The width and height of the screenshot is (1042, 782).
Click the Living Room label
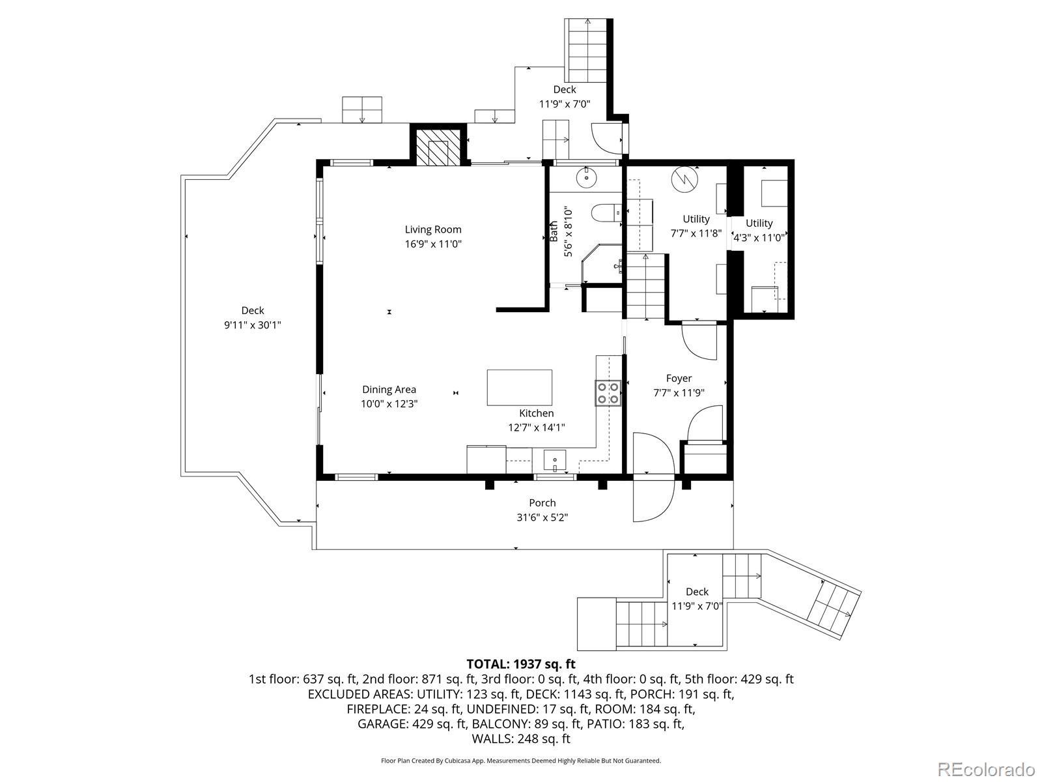[433, 229]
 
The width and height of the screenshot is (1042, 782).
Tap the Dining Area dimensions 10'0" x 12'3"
[389, 404]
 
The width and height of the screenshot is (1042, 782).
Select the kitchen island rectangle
[519, 388]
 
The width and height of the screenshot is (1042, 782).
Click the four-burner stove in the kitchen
[608, 393]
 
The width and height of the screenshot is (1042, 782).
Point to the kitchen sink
[554, 461]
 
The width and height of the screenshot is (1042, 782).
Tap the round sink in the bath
[587, 177]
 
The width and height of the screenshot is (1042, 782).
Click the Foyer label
[679, 379]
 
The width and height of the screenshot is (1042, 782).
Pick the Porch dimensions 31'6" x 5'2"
[542, 517]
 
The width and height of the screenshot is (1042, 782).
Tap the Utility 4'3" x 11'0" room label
[759, 230]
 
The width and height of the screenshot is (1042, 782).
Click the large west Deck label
[253, 311]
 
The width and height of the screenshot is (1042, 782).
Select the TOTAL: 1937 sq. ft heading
[521, 664]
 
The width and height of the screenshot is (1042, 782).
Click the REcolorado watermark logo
[987, 768]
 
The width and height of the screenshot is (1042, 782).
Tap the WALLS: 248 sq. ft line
[521, 739]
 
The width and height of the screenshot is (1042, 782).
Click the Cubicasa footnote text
[521, 761]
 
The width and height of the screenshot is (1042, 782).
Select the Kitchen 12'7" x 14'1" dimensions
[537, 427]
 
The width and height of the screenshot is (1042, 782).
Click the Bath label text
[554, 232]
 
